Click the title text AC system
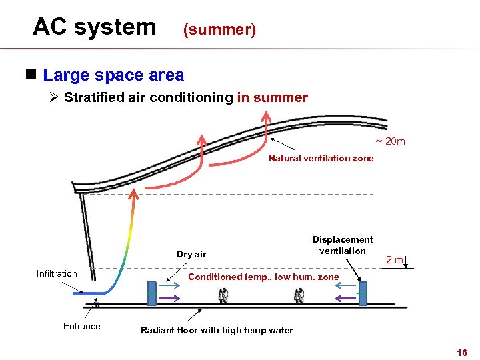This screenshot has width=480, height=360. pyautogui.click(x=94, y=27)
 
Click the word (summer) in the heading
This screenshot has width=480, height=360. pyautogui.click(x=219, y=30)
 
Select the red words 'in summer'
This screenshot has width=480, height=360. pyautogui.click(x=272, y=98)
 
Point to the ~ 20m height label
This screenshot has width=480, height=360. pyautogui.click(x=390, y=141)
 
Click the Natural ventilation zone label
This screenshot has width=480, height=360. pyautogui.click(x=321, y=158)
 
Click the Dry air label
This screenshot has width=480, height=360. pyautogui.click(x=191, y=254)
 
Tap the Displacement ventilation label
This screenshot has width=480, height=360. pyautogui.click(x=343, y=245)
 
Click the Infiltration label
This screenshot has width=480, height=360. pyautogui.click(x=57, y=273)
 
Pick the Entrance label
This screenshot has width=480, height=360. pyautogui.click(x=81, y=326)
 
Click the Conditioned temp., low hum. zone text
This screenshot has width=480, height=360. pyautogui.click(x=263, y=277)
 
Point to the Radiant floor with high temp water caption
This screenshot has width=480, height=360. pyautogui.click(x=217, y=330)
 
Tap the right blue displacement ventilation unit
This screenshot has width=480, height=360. pyautogui.click(x=363, y=294)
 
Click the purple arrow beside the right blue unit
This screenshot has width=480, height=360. pyautogui.click(x=345, y=298)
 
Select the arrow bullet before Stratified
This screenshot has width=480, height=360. pyautogui.click(x=55, y=98)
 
